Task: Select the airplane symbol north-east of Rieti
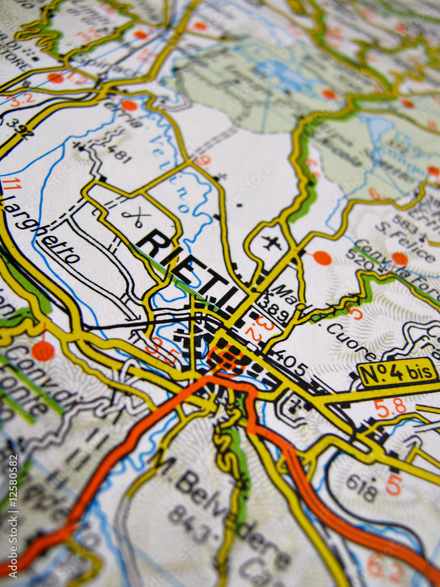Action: click(x=270, y=242)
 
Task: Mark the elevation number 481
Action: click(x=118, y=154)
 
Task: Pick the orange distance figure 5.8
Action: click(x=390, y=408)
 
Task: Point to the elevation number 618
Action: click(x=360, y=487)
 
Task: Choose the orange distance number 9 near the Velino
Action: click(x=202, y=160)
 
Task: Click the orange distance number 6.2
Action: click(x=384, y=568)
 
